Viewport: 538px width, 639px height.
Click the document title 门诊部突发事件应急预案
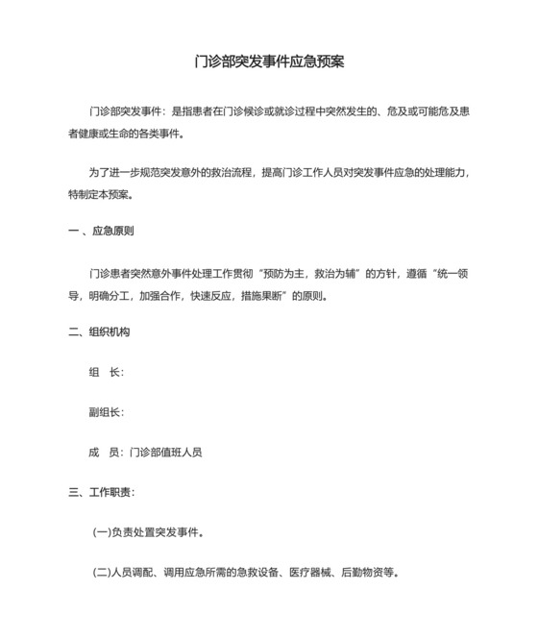point(269,61)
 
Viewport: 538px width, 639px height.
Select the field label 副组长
point(105,413)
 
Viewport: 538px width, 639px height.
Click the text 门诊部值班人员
point(165,453)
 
